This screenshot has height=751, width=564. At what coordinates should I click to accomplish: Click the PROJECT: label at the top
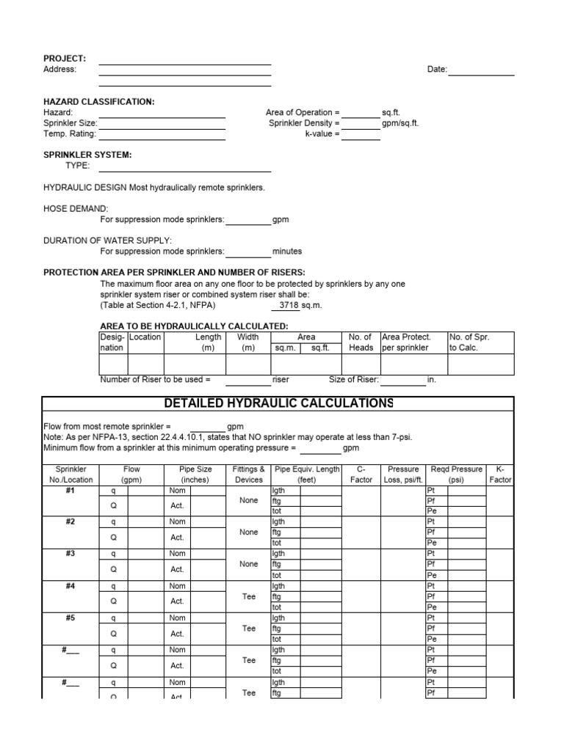pos(65,58)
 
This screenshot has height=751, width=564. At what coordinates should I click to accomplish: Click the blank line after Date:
pos(481,70)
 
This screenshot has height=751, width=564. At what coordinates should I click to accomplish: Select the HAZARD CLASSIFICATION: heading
pos(99,101)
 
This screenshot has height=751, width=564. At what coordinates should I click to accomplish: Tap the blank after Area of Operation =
pos(361,112)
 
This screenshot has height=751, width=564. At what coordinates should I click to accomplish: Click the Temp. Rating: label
pos(70,134)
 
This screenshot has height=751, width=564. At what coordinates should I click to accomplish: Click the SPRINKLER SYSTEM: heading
pos(87,155)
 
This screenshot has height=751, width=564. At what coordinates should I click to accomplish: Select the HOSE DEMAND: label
pos(76,208)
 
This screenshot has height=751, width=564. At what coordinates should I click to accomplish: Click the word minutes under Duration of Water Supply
pos(287,251)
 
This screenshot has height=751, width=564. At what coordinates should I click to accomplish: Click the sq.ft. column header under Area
pos(320,348)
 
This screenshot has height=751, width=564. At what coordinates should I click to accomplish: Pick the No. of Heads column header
pos(361,342)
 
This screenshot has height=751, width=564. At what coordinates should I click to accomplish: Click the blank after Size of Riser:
pos(403,380)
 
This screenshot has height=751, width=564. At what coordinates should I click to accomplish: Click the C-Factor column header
pos(361,474)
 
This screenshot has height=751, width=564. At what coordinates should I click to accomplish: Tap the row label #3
pos(70,554)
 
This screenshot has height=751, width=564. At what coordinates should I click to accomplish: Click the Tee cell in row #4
pos(249,596)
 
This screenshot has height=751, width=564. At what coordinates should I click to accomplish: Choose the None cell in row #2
pos(249,532)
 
